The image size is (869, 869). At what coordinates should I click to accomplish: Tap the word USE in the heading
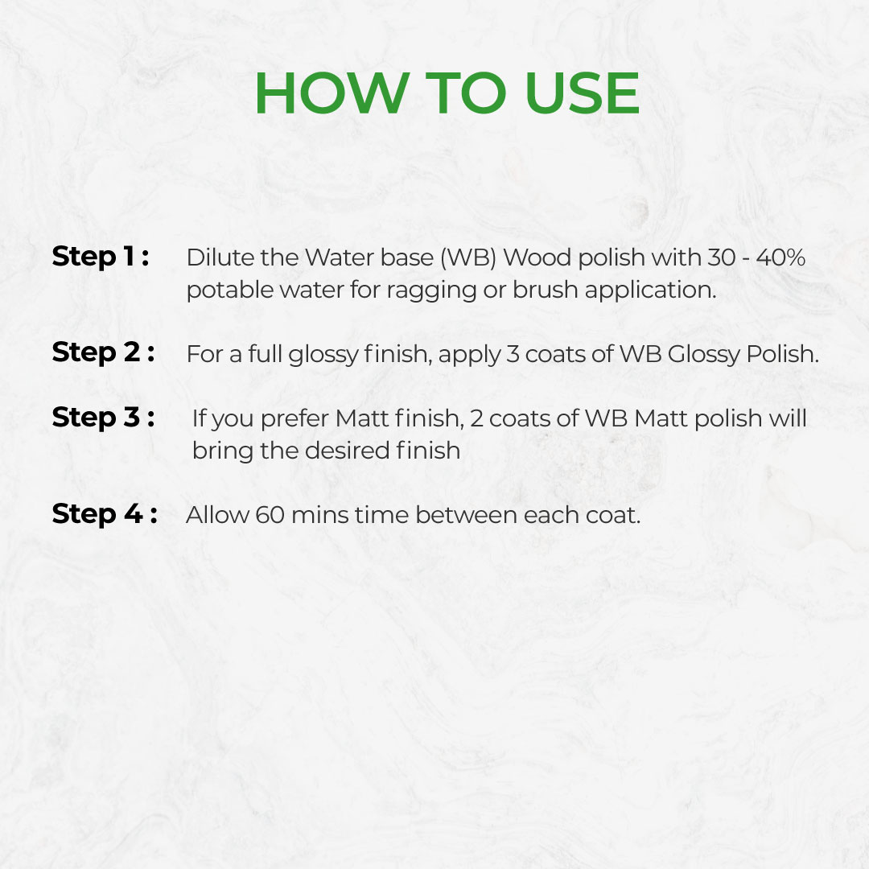[x=582, y=94]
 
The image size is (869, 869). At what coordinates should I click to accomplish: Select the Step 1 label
[x=100, y=257]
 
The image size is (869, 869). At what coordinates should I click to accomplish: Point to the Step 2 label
[x=103, y=352]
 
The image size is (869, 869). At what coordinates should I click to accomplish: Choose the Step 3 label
[x=103, y=418]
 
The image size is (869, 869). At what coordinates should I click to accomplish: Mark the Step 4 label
[x=104, y=513]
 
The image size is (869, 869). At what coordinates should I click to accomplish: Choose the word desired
[x=347, y=450]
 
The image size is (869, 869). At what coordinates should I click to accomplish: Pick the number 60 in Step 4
[x=270, y=515]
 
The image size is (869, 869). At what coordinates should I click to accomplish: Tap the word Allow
[x=217, y=515]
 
